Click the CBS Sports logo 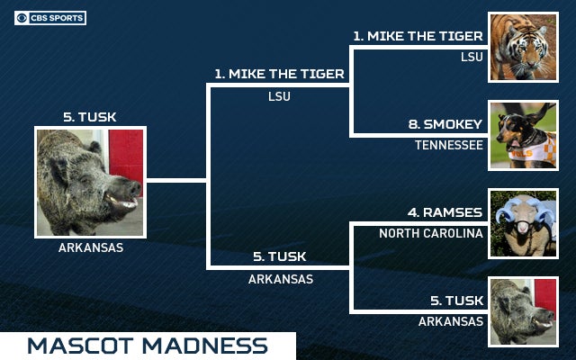coord(50,17)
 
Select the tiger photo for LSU coord(522,48)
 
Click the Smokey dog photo coord(522,135)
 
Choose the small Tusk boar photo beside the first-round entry coord(522,311)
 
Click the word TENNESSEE coord(449,144)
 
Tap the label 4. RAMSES coord(445,213)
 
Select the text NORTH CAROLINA coord(431,233)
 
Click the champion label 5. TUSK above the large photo coord(90,117)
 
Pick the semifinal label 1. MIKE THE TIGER coord(279,74)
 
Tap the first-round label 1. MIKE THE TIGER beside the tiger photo coord(418,37)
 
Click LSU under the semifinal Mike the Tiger coord(279,96)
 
